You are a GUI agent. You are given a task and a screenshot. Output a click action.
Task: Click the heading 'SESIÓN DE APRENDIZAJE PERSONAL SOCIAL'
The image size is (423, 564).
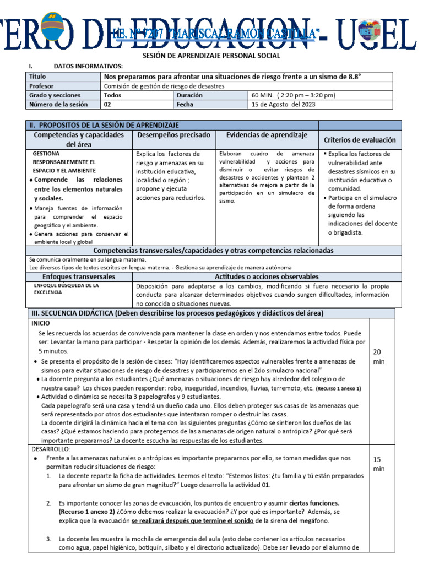(211, 56)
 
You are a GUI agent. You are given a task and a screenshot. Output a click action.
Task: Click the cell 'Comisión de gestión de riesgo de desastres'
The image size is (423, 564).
(164, 86)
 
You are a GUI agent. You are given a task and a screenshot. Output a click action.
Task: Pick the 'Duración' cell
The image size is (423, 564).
(190, 95)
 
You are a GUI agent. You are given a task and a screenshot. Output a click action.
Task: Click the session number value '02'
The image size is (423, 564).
(108, 105)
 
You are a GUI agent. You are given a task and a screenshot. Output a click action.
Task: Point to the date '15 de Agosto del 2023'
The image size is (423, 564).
(283, 105)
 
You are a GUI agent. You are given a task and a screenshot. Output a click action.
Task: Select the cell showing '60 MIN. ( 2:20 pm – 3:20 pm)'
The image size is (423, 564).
(293, 95)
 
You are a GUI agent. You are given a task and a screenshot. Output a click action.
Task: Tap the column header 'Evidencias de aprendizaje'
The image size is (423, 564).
(267, 135)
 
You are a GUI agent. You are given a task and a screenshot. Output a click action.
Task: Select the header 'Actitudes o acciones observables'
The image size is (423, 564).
(267, 276)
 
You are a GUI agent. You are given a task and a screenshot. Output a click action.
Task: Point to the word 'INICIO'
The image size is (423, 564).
(41, 323)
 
